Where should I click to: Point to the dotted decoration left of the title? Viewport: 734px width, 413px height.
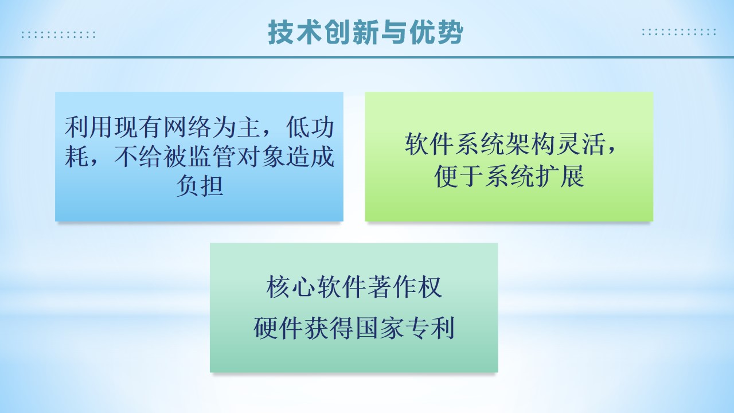[58, 35]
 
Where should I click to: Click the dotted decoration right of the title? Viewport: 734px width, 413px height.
[679, 32]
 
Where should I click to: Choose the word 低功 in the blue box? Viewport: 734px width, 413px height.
[310, 127]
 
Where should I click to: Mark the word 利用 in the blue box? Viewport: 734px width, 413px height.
[88, 127]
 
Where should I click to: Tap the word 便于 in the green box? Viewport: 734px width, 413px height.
[459, 176]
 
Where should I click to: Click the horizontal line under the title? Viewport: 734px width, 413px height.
[367, 57]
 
